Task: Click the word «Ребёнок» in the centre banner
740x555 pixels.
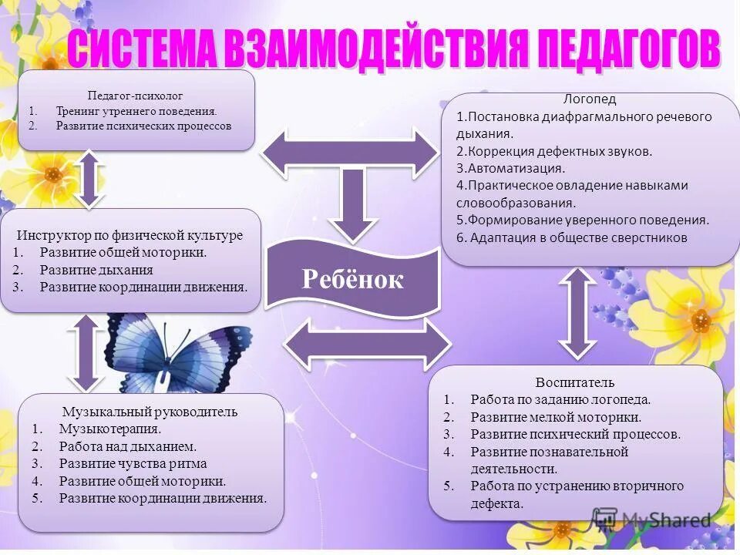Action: (x=352, y=279)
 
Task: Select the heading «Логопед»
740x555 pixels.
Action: (x=590, y=99)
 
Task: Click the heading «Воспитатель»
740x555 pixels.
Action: (x=575, y=382)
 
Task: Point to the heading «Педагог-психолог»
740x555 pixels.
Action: (x=135, y=96)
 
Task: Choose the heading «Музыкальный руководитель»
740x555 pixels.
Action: (x=150, y=412)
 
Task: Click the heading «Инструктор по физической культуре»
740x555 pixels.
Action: (x=130, y=235)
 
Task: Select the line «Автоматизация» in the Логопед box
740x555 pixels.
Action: (x=510, y=167)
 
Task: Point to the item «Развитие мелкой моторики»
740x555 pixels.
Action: (x=556, y=417)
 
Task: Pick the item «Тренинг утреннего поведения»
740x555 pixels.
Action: (x=136, y=111)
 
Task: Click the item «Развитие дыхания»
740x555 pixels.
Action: (x=96, y=270)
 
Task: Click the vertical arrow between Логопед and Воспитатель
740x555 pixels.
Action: (x=577, y=312)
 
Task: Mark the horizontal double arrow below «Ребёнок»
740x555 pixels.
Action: (x=367, y=343)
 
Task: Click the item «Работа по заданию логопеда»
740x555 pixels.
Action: (x=560, y=399)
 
